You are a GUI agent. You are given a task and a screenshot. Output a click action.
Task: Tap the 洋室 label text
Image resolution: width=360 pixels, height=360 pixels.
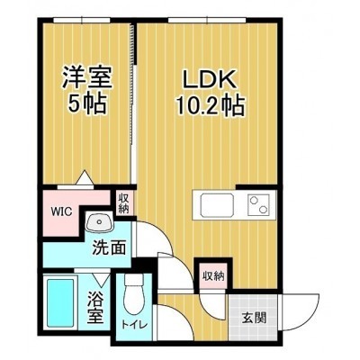87,77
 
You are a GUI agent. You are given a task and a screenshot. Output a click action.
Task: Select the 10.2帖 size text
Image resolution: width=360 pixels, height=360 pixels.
210,105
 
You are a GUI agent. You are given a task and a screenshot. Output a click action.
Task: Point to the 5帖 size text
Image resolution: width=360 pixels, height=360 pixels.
87,103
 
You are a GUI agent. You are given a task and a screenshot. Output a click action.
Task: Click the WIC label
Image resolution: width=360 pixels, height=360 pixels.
61,211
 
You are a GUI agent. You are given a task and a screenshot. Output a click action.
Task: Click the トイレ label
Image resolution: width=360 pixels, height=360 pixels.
134,324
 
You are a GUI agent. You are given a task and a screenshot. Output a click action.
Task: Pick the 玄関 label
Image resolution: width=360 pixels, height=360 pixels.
255,318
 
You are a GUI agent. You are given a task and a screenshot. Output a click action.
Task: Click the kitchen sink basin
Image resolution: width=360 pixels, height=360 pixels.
217,205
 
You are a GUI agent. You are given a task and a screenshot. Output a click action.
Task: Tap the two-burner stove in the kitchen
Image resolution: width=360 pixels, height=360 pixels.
258,205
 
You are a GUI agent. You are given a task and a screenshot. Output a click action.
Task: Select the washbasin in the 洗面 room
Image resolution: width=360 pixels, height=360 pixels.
99,222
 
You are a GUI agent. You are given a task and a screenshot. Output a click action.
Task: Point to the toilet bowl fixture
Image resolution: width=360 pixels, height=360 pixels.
134,287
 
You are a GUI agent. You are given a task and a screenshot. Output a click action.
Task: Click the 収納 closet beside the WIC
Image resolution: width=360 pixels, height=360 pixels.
123,204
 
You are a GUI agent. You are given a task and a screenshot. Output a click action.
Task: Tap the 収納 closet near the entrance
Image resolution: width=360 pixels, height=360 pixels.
213,276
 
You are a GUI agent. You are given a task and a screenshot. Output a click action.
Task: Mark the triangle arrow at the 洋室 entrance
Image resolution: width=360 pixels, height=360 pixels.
85,177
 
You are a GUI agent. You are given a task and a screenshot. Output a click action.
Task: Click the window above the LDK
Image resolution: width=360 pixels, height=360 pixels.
207,20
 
